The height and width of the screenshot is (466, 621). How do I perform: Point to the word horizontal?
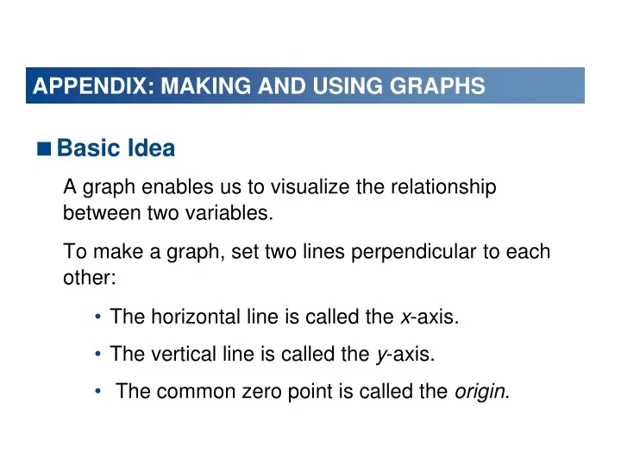pos(186,318)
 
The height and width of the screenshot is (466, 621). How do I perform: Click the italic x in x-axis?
pos(405,318)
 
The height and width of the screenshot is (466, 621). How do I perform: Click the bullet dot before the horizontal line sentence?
pos(99,318)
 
